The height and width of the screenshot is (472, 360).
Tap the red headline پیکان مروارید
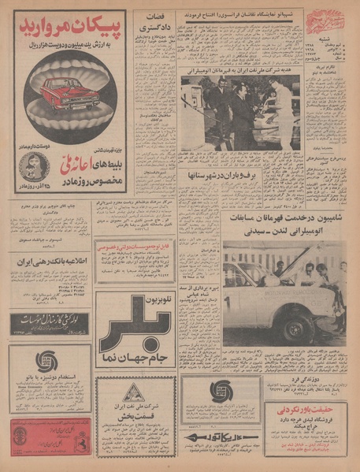(x=70, y=29)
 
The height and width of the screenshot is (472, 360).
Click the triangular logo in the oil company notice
(x=135, y=391)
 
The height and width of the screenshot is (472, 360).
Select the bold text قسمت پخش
(x=135, y=417)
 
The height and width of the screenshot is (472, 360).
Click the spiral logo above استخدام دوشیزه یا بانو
(x=49, y=361)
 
